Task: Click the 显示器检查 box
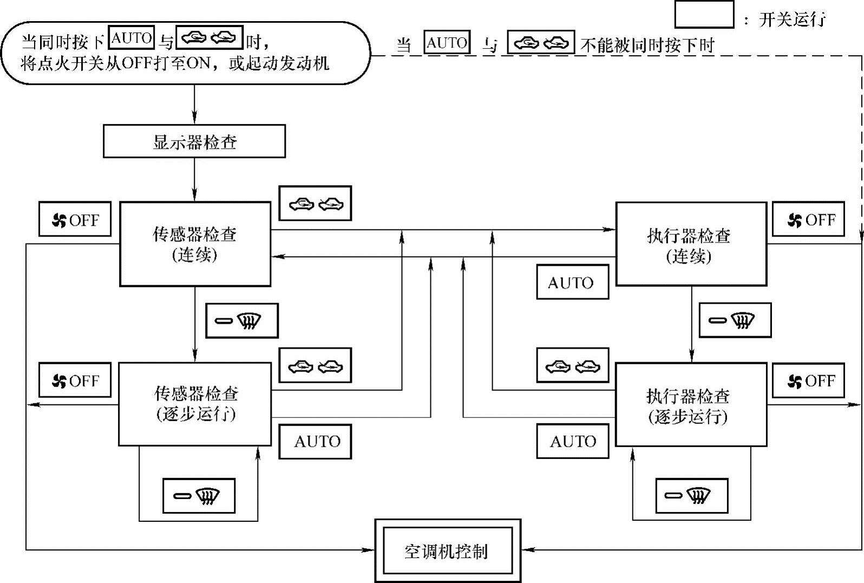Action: click(194, 141)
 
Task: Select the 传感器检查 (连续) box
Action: click(195, 244)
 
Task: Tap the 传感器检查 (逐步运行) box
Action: click(195, 404)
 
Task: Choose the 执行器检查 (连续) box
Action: click(691, 244)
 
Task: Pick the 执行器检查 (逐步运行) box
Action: click(691, 404)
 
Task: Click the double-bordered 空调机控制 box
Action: click(448, 551)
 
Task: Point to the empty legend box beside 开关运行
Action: click(704, 15)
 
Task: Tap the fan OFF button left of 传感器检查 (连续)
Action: click(75, 219)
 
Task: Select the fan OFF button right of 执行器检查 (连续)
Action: click(808, 219)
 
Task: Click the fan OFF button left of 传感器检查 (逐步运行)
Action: click(75, 380)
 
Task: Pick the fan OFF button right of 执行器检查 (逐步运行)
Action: click(808, 380)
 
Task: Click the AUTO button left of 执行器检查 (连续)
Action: click(572, 282)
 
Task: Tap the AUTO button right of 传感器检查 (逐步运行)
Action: click(315, 441)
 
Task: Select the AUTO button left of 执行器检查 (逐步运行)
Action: click(572, 441)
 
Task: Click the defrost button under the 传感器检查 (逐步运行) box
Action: click(199, 495)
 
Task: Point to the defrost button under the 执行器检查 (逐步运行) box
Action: click(691, 495)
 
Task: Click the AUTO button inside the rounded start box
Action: click(132, 38)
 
